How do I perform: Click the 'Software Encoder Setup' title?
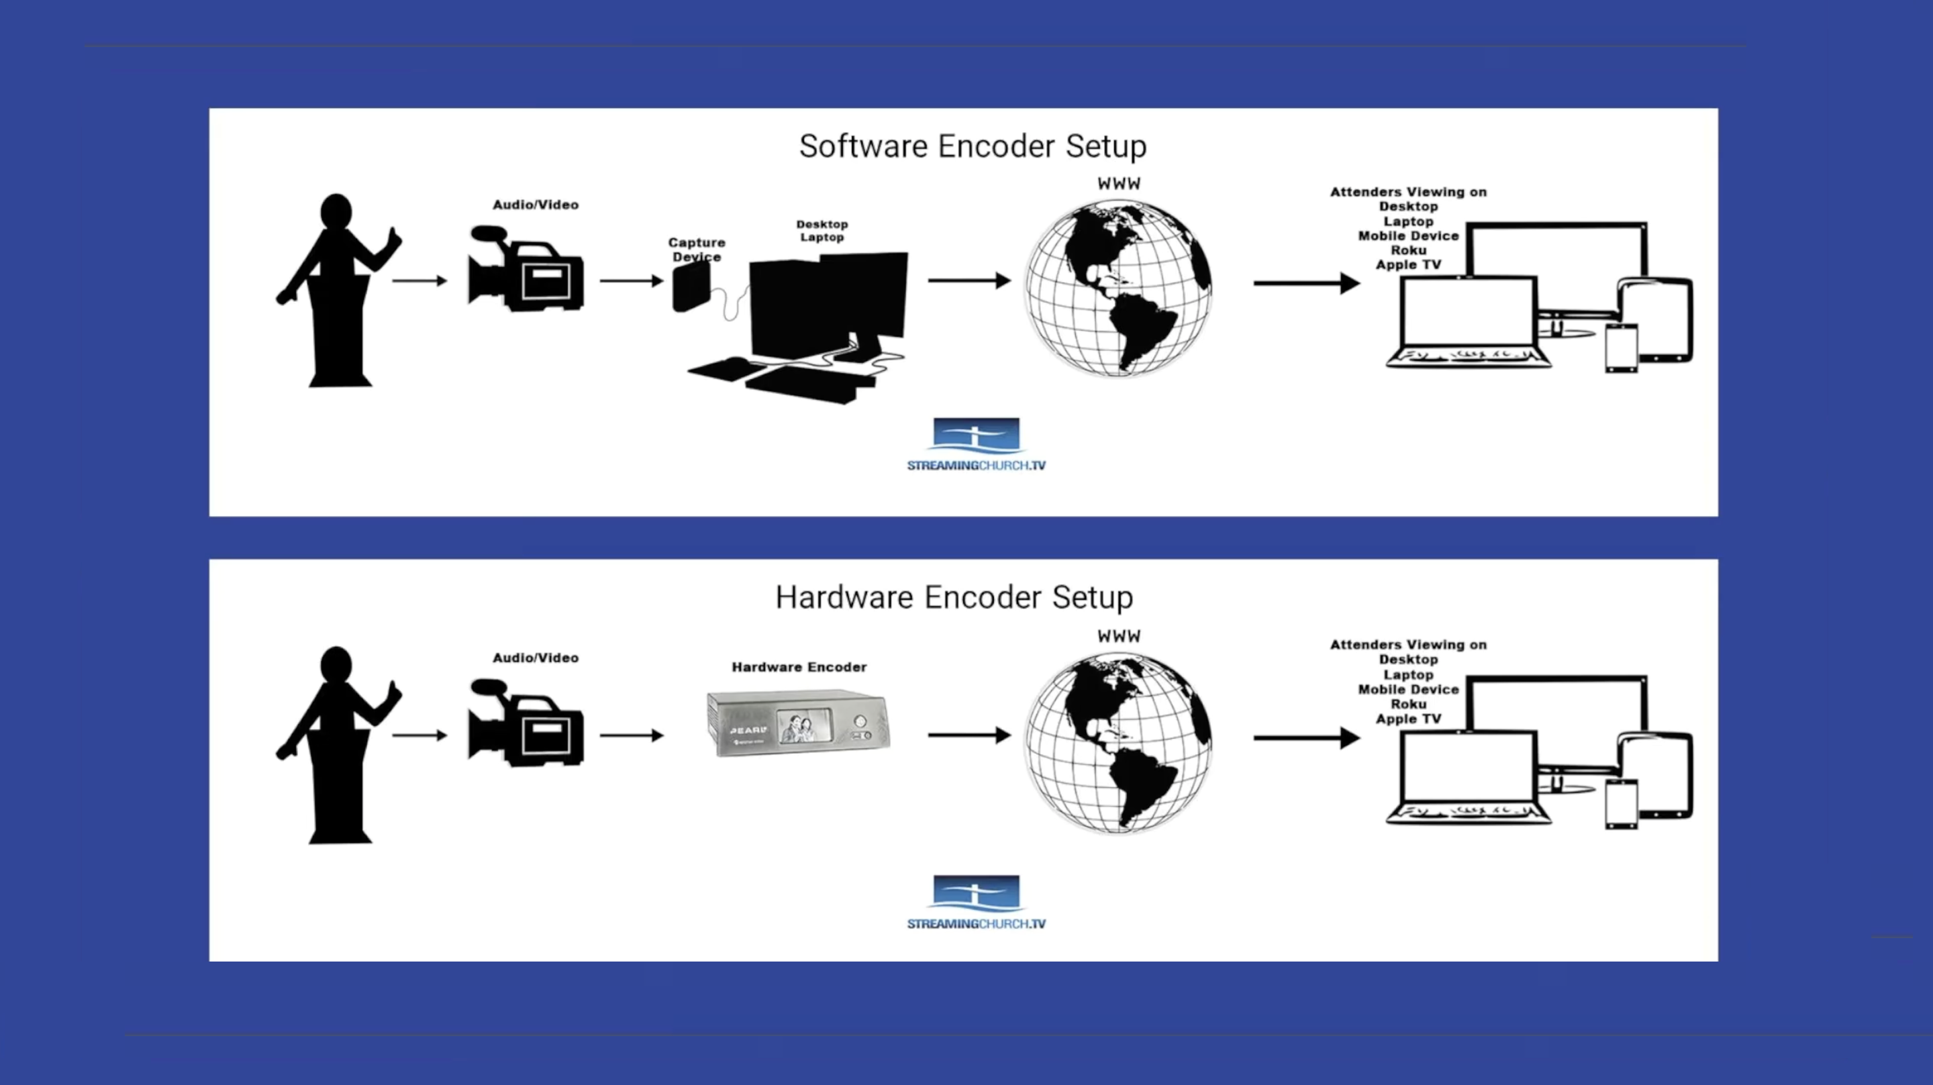click(x=973, y=146)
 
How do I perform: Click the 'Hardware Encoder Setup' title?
click(x=954, y=597)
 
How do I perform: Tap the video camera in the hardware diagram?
click(x=526, y=723)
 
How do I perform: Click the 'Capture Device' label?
click(x=697, y=249)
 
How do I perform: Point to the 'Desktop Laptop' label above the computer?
click(x=822, y=230)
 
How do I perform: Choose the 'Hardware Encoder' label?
click(x=799, y=667)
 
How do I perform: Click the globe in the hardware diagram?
click(x=1118, y=742)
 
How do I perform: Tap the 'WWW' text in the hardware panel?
click(x=1119, y=636)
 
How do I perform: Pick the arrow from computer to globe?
click(x=969, y=280)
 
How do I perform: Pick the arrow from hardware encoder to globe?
click(x=969, y=735)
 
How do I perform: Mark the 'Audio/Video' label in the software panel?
click(x=535, y=205)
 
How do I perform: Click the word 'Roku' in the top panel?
click(x=1407, y=250)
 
